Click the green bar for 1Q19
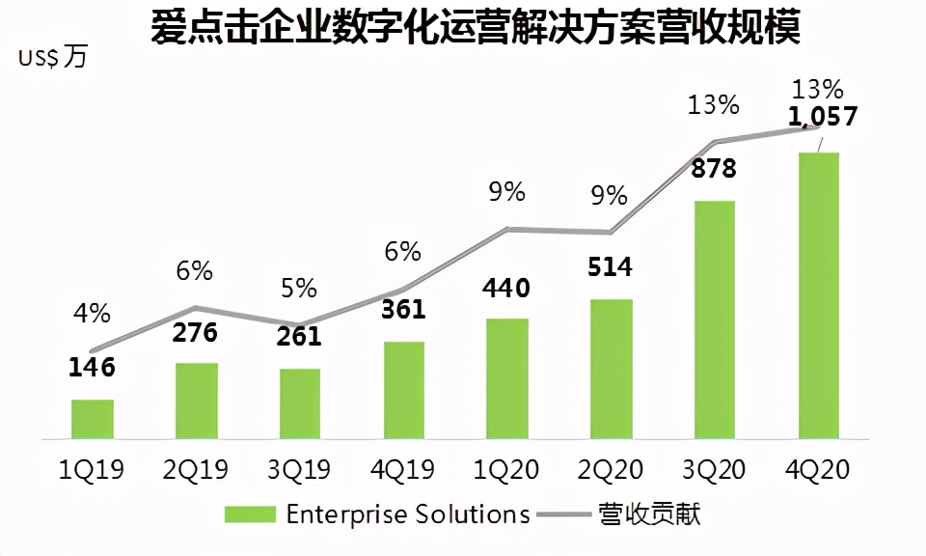[x=93, y=419]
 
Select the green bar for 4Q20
[x=818, y=295]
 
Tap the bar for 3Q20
[x=714, y=320]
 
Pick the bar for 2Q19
[x=197, y=401]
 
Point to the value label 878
[x=713, y=169]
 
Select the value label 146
[x=93, y=367]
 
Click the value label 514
[x=611, y=266]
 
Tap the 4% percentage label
[x=93, y=313]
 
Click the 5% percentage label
[x=299, y=288]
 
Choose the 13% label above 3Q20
[x=713, y=104]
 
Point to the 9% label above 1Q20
[x=506, y=192]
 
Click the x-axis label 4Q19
[x=403, y=470]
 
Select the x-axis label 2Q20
[x=611, y=470]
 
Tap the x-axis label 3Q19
[x=299, y=470]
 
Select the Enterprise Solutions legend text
[x=408, y=514]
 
